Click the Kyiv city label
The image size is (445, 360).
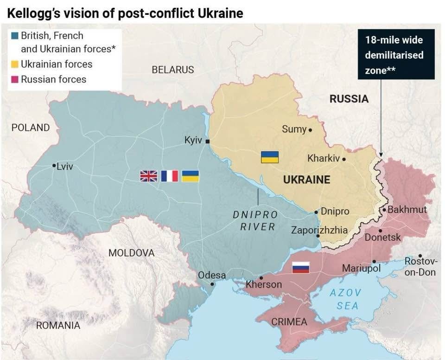click(x=193, y=140)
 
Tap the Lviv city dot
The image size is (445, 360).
click(x=54, y=165)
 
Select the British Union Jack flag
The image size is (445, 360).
click(x=149, y=176)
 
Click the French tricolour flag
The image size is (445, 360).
click(x=169, y=176)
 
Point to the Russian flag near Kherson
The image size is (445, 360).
click(x=301, y=267)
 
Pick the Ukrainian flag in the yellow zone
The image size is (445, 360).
click(x=269, y=157)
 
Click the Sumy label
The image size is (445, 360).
click(x=294, y=129)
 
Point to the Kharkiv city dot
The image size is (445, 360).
click(x=344, y=159)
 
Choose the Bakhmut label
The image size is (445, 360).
click(x=407, y=209)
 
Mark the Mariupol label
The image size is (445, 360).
click(x=361, y=268)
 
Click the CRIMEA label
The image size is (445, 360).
click(x=289, y=321)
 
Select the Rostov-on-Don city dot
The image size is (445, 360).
click(x=420, y=256)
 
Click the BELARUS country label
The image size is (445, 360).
click(x=173, y=70)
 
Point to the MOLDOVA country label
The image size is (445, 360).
click(x=131, y=253)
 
